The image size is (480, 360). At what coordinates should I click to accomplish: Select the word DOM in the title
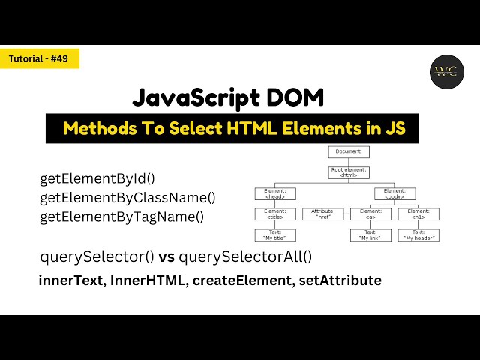click(298, 98)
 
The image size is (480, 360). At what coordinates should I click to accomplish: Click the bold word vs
click(166, 256)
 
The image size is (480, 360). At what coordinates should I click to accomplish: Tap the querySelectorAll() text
click(245, 256)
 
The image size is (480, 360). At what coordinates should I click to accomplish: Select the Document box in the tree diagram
click(349, 151)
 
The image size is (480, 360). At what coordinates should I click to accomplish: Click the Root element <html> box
click(349, 172)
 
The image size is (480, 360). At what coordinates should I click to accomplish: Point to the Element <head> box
click(275, 193)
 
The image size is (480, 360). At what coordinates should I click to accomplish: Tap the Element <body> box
click(394, 193)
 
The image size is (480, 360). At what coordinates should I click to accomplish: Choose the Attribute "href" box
click(323, 214)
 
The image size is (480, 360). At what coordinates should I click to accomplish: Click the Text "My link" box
click(370, 235)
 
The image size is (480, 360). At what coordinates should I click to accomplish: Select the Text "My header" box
click(418, 235)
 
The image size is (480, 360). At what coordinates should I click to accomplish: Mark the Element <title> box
click(275, 214)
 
